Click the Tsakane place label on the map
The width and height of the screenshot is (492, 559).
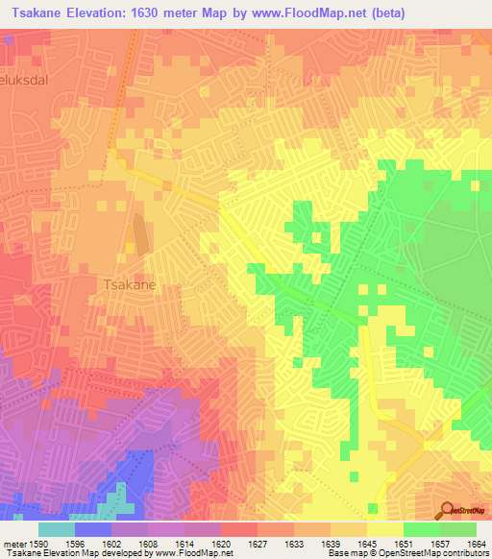pos(129,284)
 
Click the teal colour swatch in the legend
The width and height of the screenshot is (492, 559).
pos(57,529)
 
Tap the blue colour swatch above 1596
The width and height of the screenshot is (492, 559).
pos(93,529)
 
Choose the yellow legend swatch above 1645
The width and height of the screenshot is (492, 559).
pos(384,529)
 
